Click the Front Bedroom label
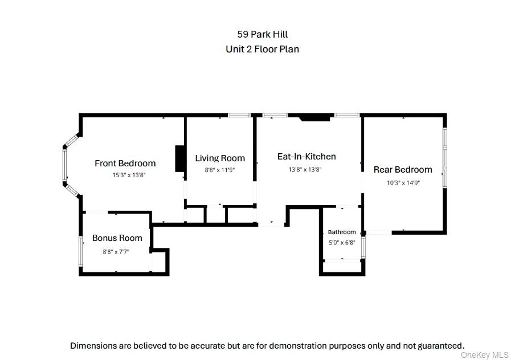click(125, 163)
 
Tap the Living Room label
click(220, 158)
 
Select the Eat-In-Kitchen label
click(306, 157)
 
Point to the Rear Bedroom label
click(403, 169)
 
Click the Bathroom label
click(342, 232)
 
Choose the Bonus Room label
click(117, 238)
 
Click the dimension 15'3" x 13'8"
click(129, 175)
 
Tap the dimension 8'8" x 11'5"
click(220, 170)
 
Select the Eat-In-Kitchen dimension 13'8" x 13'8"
click(305, 169)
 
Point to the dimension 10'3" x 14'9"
click(403, 183)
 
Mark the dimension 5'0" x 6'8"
click(342, 243)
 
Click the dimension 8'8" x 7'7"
click(116, 252)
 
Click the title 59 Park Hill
click(263, 34)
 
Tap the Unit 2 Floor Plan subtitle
click(263, 49)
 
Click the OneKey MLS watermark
click(485, 355)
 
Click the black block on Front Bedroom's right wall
click(180, 158)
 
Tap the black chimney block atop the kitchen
click(315, 117)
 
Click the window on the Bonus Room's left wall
click(81, 251)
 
